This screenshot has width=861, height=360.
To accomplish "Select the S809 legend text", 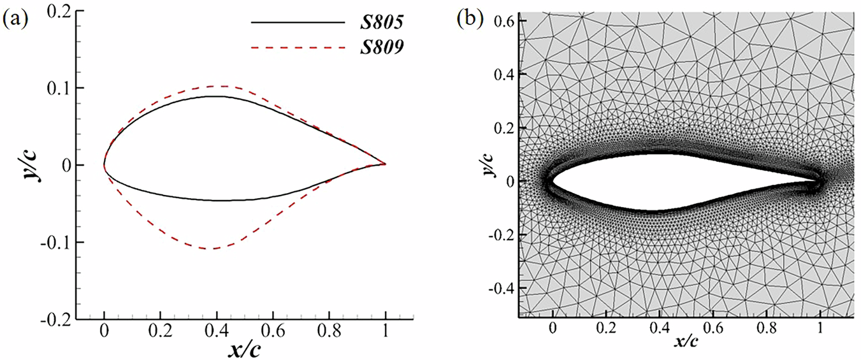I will (381, 47).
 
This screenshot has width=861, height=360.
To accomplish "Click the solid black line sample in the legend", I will (297, 22).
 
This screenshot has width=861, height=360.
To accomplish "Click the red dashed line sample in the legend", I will (297, 47).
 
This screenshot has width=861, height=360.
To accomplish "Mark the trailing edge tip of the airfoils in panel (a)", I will (385, 164).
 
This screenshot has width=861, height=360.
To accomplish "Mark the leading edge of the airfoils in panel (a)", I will (105, 165).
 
